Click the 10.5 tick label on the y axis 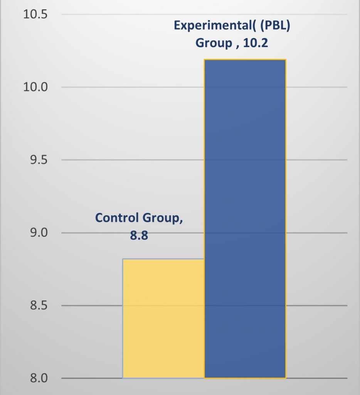35,15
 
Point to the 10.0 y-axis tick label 35,87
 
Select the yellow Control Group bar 163,318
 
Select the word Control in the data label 116,218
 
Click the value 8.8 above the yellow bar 139,235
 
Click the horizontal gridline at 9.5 116,160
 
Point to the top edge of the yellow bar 163,259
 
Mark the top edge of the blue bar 245,60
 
